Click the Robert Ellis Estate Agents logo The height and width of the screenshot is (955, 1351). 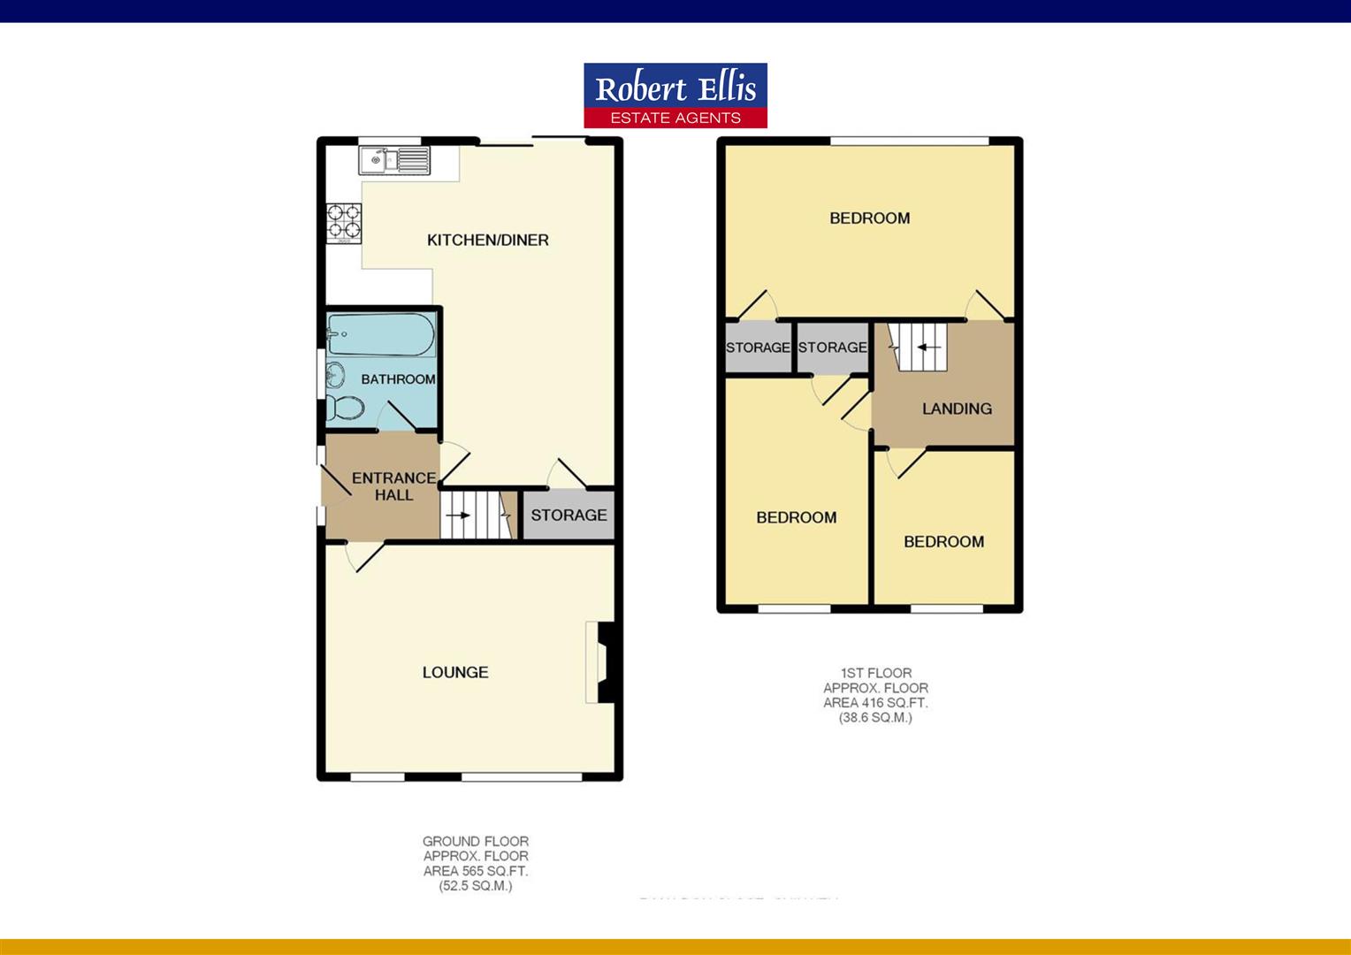click(x=675, y=95)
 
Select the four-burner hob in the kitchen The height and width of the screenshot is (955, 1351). click(x=344, y=223)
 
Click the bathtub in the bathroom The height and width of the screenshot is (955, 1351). click(x=380, y=336)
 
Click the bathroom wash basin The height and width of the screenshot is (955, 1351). click(x=335, y=375)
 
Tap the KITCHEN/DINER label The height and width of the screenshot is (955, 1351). click(x=487, y=240)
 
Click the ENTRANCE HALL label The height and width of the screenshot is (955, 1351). click(x=393, y=486)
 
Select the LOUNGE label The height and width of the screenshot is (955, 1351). click(x=454, y=672)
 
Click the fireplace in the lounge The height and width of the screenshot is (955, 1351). click(x=601, y=663)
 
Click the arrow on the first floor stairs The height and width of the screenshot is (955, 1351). click(x=927, y=347)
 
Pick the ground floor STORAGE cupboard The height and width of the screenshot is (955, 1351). click(x=569, y=515)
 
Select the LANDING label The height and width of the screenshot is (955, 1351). click(x=957, y=409)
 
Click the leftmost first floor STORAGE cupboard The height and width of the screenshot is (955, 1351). click(x=758, y=348)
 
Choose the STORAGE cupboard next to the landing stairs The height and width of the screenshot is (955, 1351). click(x=832, y=348)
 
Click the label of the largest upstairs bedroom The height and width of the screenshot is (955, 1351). click(x=869, y=218)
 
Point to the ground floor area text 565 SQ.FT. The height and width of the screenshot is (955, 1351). click(x=476, y=871)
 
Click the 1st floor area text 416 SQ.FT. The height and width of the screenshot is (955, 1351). click(x=875, y=702)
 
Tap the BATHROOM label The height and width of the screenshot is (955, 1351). click(x=398, y=379)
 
